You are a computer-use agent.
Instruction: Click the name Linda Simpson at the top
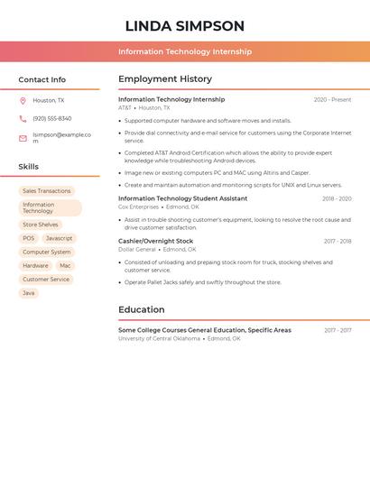(184, 26)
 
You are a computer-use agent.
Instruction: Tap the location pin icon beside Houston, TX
(23, 101)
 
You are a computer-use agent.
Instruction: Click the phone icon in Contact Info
(23, 118)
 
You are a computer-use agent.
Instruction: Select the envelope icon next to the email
(23, 138)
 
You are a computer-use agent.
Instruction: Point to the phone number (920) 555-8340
(52, 118)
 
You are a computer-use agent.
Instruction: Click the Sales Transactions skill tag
(46, 191)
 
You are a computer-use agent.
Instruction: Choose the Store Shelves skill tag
(41, 225)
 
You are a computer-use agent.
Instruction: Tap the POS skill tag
(28, 238)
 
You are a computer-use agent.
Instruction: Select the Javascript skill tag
(60, 238)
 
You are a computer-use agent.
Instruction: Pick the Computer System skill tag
(46, 253)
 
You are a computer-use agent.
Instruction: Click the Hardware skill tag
(35, 266)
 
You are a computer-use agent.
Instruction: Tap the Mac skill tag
(65, 266)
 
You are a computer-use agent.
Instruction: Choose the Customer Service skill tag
(46, 280)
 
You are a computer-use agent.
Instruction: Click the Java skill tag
(29, 293)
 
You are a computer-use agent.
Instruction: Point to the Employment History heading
(165, 79)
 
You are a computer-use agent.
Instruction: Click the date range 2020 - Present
(332, 99)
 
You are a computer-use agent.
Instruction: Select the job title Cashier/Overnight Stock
(155, 241)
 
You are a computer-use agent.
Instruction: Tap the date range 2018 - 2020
(337, 198)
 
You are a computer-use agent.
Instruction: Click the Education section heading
(141, 310)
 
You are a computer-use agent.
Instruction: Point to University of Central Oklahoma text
(159, 339)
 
